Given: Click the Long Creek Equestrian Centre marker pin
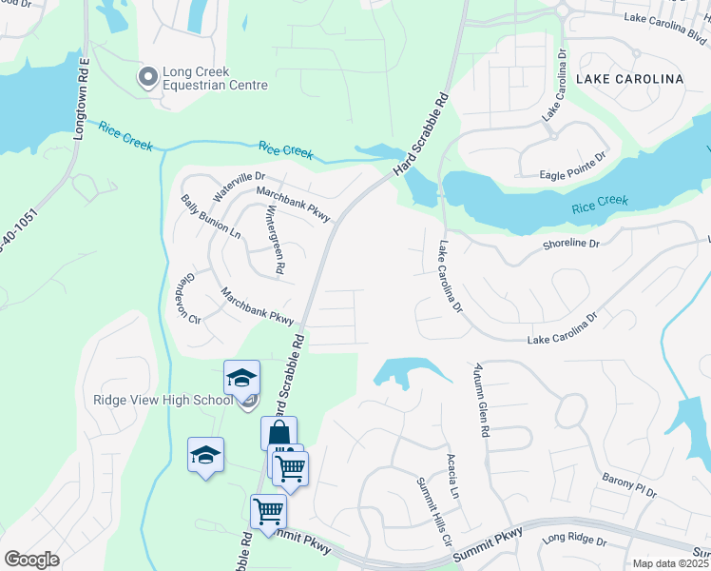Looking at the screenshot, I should [x=147, y=77].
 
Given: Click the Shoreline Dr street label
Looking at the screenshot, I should [x=570, y=244].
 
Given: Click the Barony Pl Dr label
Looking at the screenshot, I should [x=628, y=486].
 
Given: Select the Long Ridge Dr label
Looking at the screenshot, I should [x=574, y=541].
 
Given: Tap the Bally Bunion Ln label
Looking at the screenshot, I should [x=210, y=218].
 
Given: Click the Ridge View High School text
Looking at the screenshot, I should [x=163, y=400].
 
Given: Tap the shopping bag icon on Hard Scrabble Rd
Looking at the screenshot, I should [x=279, y=433].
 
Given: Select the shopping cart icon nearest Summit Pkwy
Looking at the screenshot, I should [x=268, y=510].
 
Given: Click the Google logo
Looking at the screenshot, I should [x=31, y=559].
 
